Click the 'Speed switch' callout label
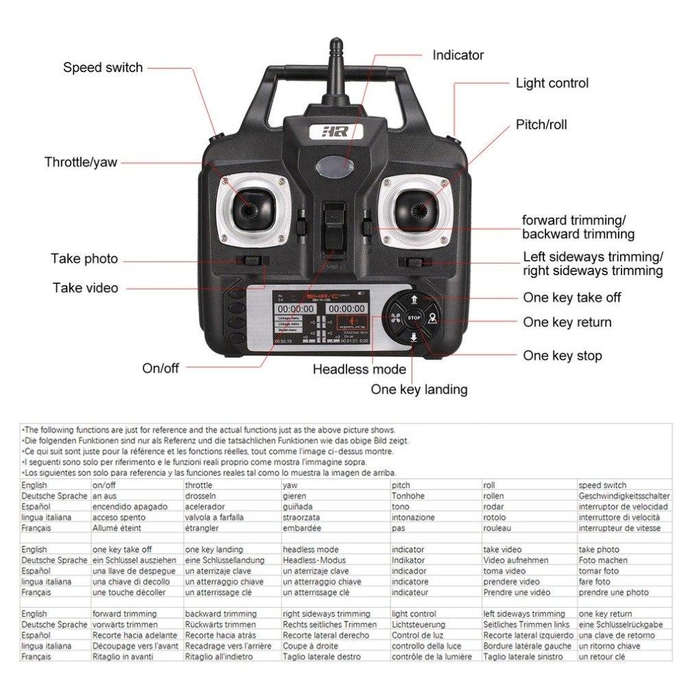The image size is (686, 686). click(103, 67)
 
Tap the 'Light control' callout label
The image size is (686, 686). click(552, 83)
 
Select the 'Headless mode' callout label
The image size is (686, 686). click(359, 369)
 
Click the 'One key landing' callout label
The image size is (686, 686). click(418, 390)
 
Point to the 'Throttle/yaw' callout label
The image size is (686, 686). click(81, 162)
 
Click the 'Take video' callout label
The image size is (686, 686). click(85, 287)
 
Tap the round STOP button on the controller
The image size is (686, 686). click(414, 318)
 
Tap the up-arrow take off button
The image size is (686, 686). click(414, 299)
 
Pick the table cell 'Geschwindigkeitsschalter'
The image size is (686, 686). click(624, 496)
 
